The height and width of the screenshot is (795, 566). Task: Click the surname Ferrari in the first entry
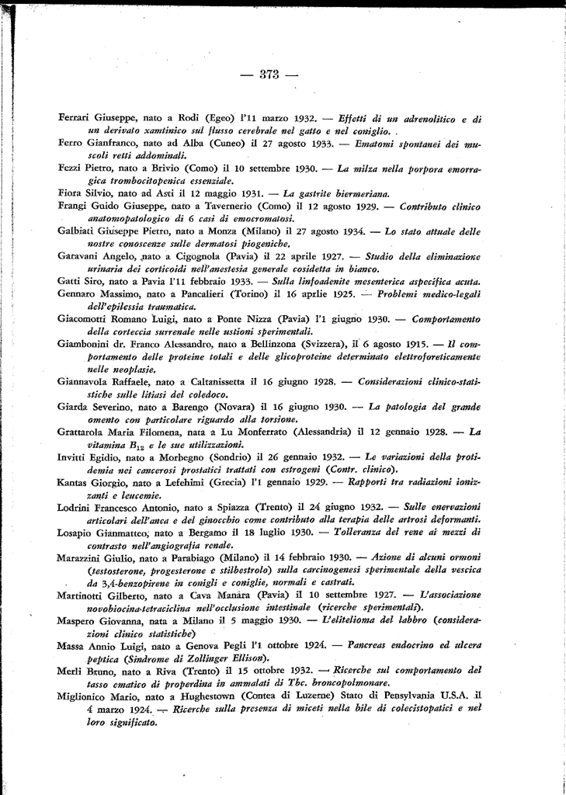[75, 120]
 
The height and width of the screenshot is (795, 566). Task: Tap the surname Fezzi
[72, 168]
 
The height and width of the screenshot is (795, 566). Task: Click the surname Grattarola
[82, 432]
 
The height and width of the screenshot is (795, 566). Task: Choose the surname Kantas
[75, 481]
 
